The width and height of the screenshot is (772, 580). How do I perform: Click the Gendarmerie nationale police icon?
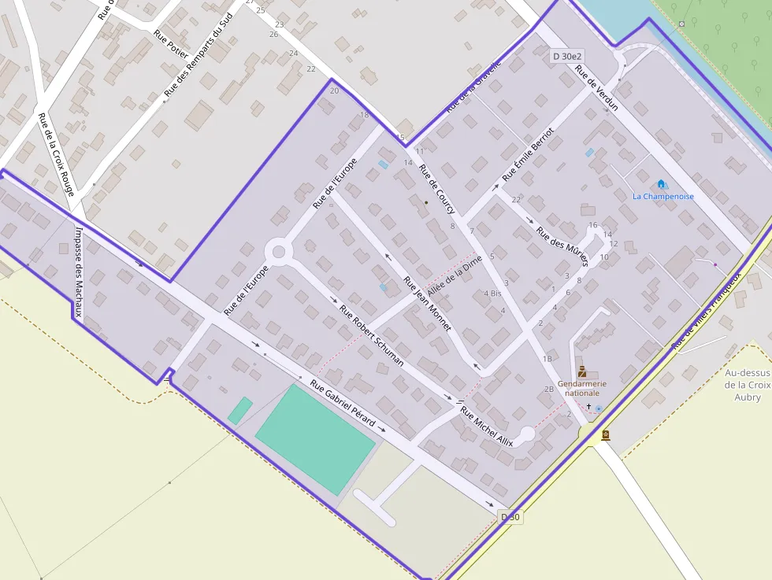(582, 371)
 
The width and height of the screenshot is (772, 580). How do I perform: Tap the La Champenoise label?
(663, 196)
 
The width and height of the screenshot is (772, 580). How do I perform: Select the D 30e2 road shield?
(567, 57)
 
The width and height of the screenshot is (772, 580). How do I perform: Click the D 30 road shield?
(510, 516)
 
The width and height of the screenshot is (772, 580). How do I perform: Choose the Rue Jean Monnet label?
(427, 303)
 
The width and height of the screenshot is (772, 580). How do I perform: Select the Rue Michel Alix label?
(486, 427)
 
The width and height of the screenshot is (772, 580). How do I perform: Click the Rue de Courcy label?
(436, 189)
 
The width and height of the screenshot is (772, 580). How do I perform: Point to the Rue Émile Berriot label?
(529, 157)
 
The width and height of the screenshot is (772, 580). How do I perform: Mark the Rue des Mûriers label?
(562, 246)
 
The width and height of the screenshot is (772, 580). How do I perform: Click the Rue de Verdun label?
(596, 87)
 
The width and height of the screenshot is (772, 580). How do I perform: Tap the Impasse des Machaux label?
(78, 272)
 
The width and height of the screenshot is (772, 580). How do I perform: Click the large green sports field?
(314, 438)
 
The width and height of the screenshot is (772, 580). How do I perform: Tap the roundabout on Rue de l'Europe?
(278, 252)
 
